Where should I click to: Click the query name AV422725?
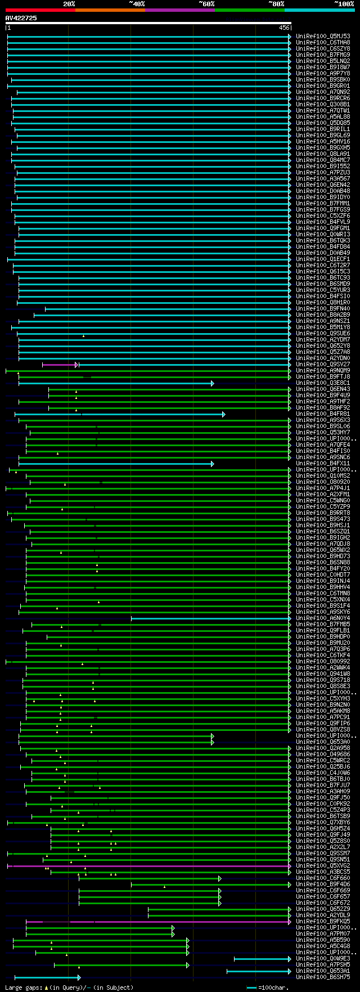click(x=21, y=18)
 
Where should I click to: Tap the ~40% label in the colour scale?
click(x=137, y=4)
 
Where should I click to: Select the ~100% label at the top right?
click(x=344, y=4)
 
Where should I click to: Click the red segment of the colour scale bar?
click(x=40, y=10)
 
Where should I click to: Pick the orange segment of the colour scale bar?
click(x=110, y=10)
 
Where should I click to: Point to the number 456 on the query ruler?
click(x=284, y=28)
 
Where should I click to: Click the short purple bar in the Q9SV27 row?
click(x=59, y=365)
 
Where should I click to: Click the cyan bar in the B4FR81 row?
click(x=152, y=414)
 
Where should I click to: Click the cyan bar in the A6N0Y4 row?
click(x=211, y=618)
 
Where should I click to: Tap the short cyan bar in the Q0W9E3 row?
click(x=262, y=959)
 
